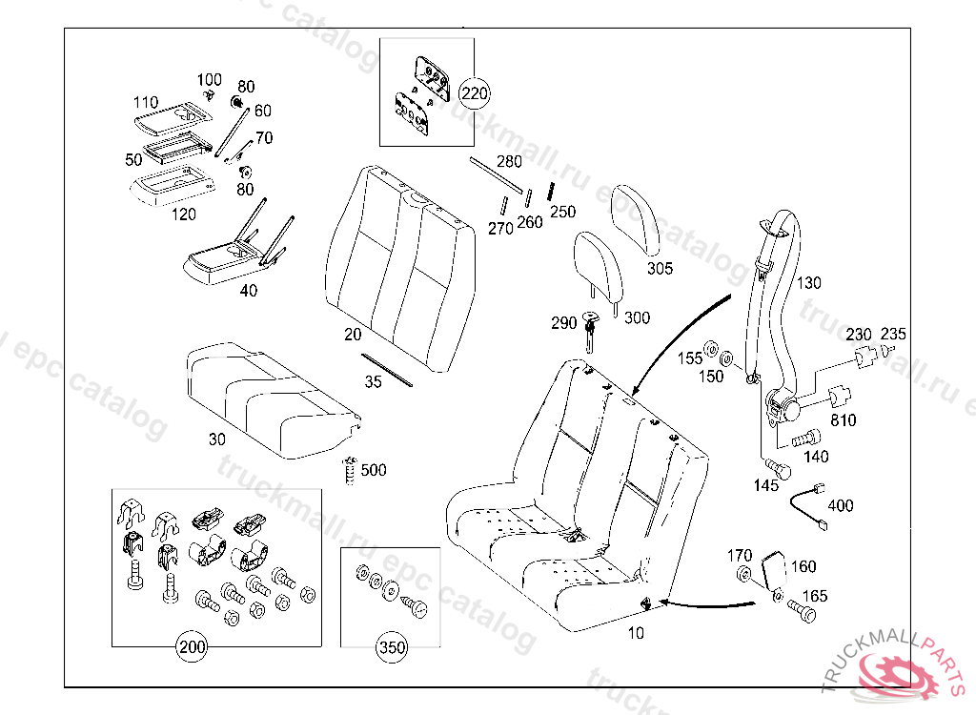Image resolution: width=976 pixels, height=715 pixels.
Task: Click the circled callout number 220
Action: pyautogui.click(x=474, y=93)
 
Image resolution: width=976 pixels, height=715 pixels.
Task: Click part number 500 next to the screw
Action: pyautogui.click(x=374, y=470)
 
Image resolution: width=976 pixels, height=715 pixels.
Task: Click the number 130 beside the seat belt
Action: pyautogui.click(x=808, y=283)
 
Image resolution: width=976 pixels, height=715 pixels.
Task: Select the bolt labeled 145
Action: pyautogui.click(x=778, y=468)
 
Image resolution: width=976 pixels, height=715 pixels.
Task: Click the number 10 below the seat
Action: pyautogui.click(x=636, y=632)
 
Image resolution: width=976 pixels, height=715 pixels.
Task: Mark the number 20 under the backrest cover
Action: pyautogui.click(x=353, y=335)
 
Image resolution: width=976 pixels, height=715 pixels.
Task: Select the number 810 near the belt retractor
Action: pyautogui.click(x=843, y=419)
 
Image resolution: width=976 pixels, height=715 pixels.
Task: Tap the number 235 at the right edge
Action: pyautogui.click(x=893, y=334)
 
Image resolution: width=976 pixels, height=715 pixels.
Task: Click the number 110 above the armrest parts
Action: pyautogui.click(x=145, y=102)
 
